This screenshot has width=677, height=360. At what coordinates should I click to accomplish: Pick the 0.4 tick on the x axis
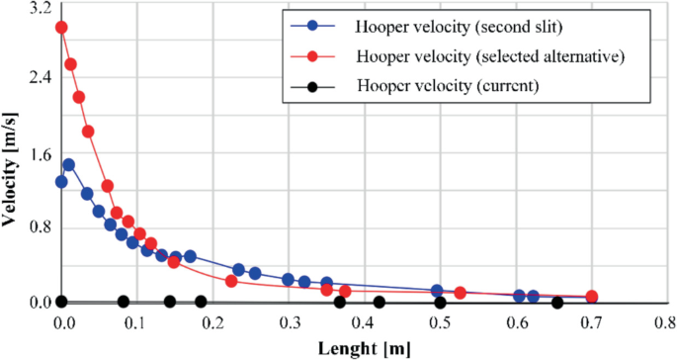pos(364,322)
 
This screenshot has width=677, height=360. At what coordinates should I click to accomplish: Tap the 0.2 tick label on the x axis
pos(212,322)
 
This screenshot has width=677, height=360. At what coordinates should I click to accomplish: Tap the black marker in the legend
pos(313,87)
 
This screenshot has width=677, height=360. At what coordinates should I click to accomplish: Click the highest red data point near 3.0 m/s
pos(61,28)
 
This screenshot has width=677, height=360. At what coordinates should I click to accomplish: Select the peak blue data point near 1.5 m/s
pos(68,165)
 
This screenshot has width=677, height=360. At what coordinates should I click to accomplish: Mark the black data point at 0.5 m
pos(440,303)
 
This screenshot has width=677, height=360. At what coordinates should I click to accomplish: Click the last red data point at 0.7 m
pos(592,297)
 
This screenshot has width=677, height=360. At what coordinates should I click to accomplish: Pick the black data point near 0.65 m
pos(557,303)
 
